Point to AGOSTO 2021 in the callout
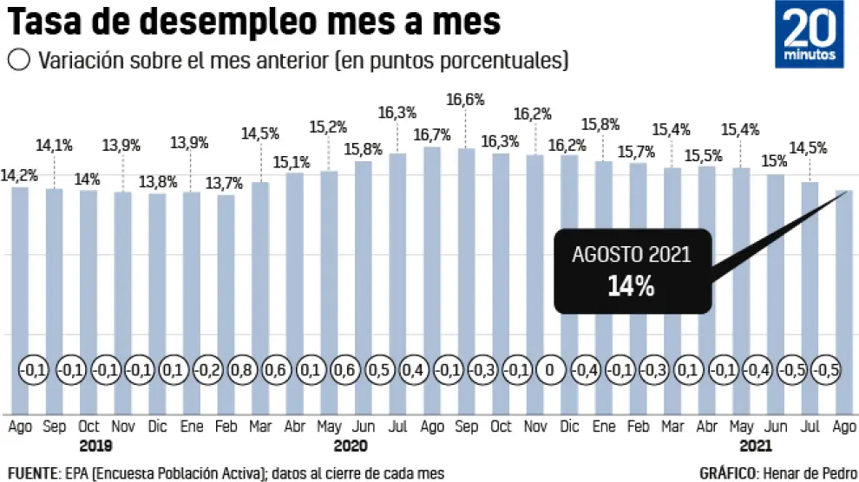(x=632, y=255)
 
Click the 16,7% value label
(x=430, y=134)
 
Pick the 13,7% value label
(x=224, y=183)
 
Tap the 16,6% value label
(x=465, y=100)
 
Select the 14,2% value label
(x=19, y=174)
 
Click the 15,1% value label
(x=293, y=160)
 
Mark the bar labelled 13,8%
(x=156, y=286)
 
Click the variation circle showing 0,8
(x=243, y=370)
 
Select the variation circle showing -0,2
(x=208, y=370)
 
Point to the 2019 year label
(x=95, y=446)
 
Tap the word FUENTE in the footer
(x=30, y=472)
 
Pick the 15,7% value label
(x=637, y=152)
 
